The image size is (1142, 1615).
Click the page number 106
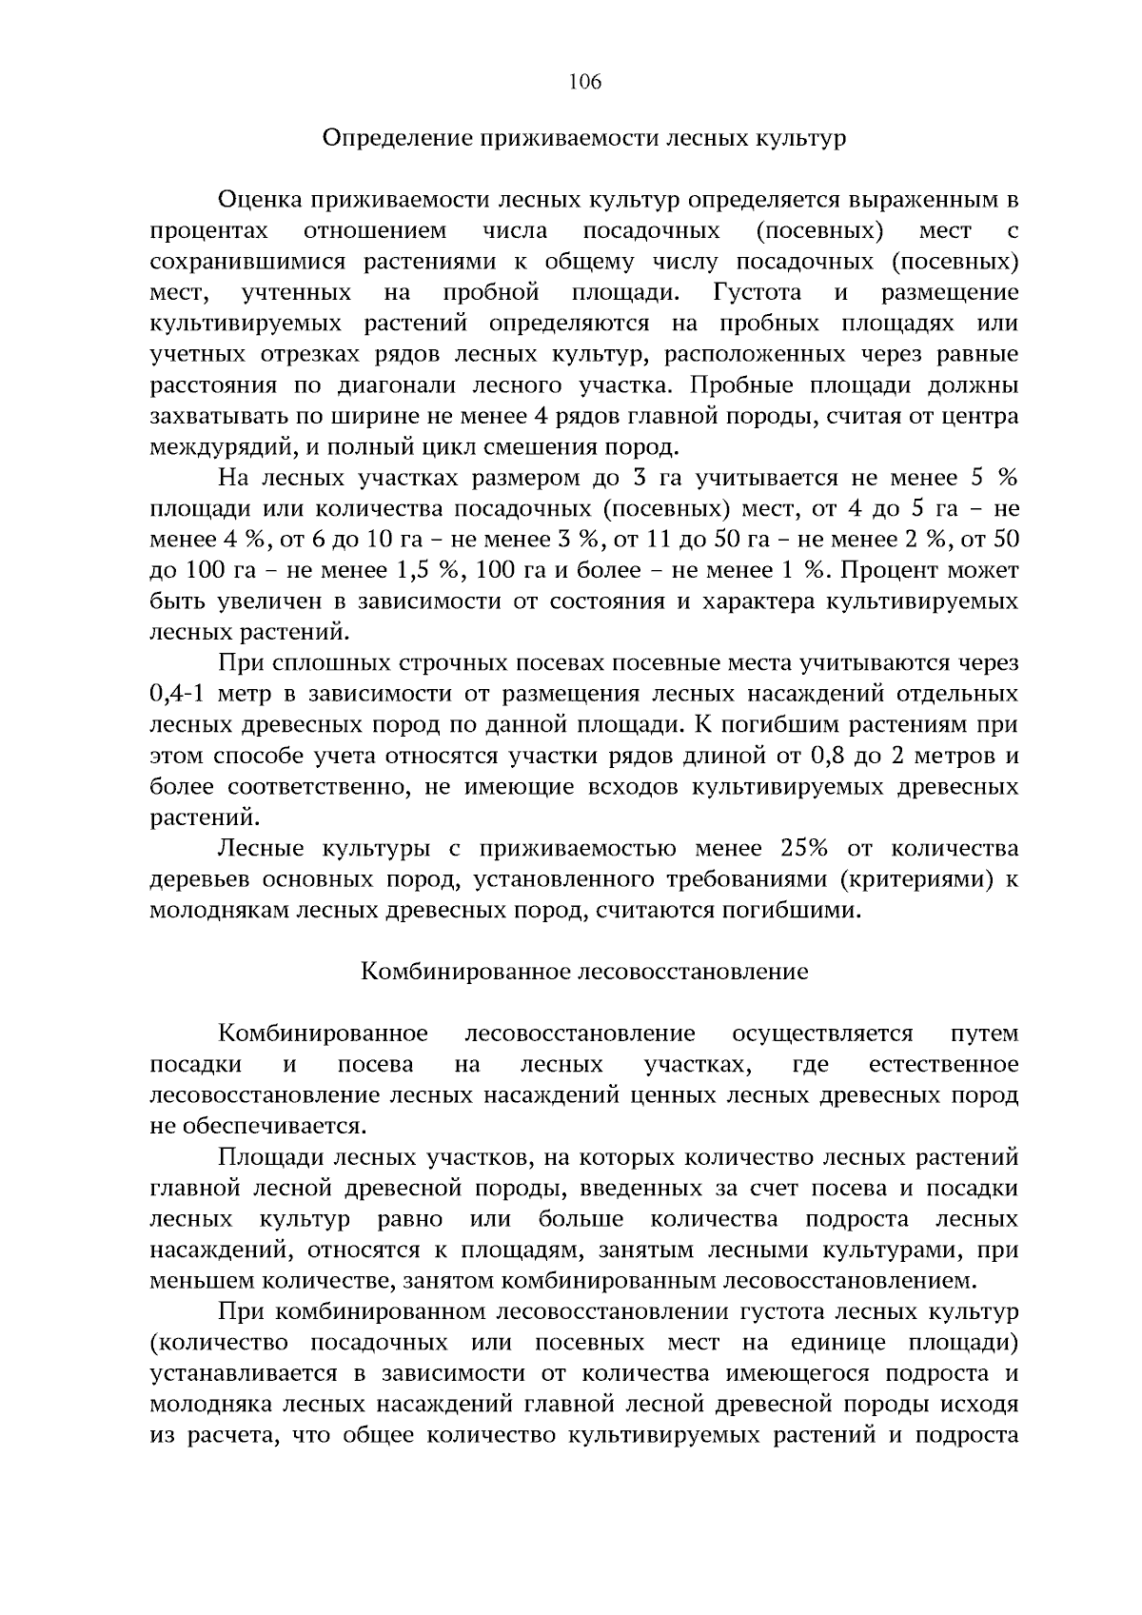coord(584,82)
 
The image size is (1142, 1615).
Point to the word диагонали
coord(445,385)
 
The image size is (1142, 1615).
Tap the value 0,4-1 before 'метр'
coord(179,694)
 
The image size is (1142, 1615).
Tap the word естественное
coord(943,1064)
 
